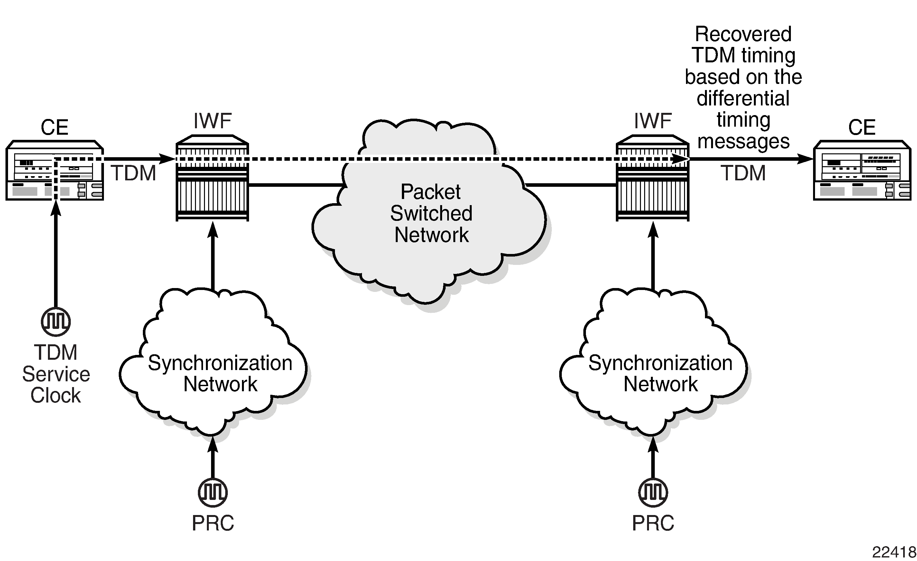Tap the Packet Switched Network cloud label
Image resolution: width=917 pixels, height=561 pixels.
click(x=431, y=213)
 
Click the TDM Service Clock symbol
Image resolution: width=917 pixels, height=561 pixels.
click(x=56, y=321)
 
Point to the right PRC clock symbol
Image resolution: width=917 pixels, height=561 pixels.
click(x=653, y=493)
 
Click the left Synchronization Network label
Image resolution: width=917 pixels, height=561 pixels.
click(x=220, y=373)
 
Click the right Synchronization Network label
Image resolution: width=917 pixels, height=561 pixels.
click(x=660, y=373)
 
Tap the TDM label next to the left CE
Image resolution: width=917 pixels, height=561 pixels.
click(x=133, y=173)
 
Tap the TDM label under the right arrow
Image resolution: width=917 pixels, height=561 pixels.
click(x=743, y=173)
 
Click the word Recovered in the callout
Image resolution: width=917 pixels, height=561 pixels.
click(x=743, y=34)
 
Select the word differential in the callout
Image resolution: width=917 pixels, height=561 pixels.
click(x=743, y=98)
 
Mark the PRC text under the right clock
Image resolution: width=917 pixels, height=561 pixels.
click(x=653, y=523)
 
